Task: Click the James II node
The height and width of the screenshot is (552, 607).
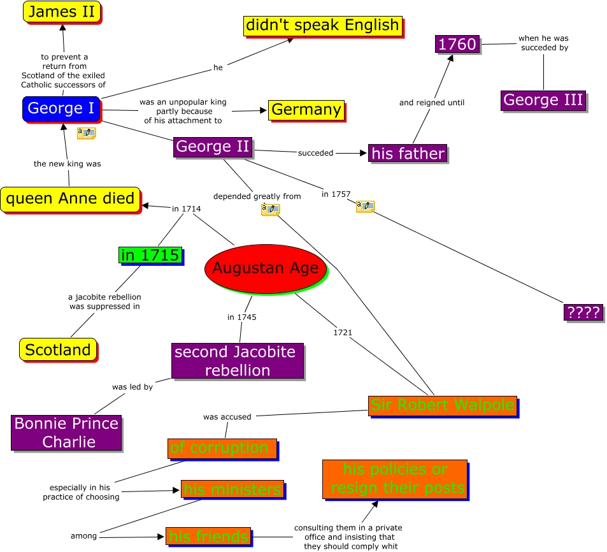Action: [x=62, y=11]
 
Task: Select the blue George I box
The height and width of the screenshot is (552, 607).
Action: [x=61, y=108]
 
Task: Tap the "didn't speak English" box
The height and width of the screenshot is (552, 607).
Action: [x=322, y=26]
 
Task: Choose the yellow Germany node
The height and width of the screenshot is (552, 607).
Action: [x=306, y=110]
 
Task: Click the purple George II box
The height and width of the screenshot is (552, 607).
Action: [x=213, y=147]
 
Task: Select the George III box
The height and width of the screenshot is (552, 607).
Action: [x=543, y=101]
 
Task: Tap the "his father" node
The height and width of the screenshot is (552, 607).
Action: [x=408, y=154]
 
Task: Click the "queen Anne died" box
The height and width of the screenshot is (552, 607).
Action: [x=70, y=198]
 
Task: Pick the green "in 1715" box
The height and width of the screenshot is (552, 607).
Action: [x=150, y=256]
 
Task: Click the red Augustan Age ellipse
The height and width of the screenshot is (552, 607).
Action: [x=265, y=268]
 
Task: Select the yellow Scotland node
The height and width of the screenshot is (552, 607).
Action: [x=58, y=349]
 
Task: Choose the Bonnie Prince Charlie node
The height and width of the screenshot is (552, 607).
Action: [x=66, y=433]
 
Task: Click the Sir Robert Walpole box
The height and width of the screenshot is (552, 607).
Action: [x=443, y=405]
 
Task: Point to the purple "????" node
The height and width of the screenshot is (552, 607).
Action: [x=583, y=312]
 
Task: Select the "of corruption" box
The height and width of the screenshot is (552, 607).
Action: [x=222, y=448]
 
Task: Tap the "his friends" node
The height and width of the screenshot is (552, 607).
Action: [x=208, y=537]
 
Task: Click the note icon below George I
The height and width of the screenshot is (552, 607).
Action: [x=86, y=133]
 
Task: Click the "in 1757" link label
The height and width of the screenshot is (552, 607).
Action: [x=334, y=194]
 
